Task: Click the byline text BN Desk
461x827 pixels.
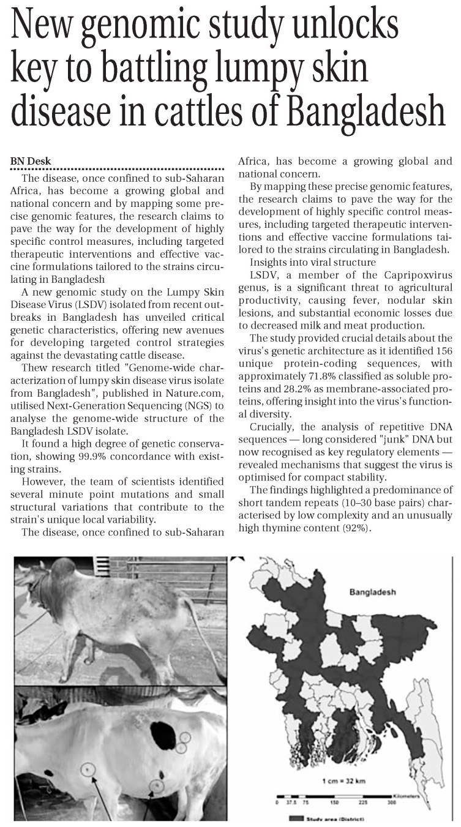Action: coord(31,161)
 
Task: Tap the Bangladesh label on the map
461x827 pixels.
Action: coord(372,593)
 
